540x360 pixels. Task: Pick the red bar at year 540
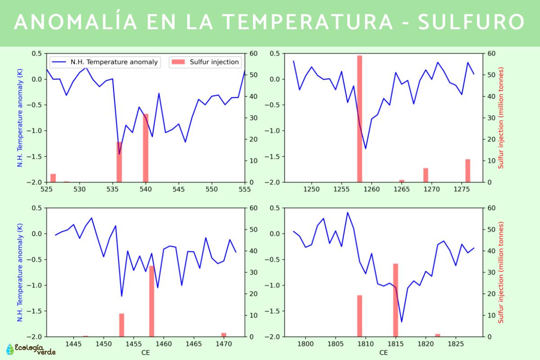146,148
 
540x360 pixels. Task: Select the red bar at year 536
119,162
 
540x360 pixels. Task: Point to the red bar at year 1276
468,171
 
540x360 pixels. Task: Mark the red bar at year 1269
426,175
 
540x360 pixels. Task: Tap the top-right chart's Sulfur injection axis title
501,118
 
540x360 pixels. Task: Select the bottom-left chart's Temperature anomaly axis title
20,272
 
